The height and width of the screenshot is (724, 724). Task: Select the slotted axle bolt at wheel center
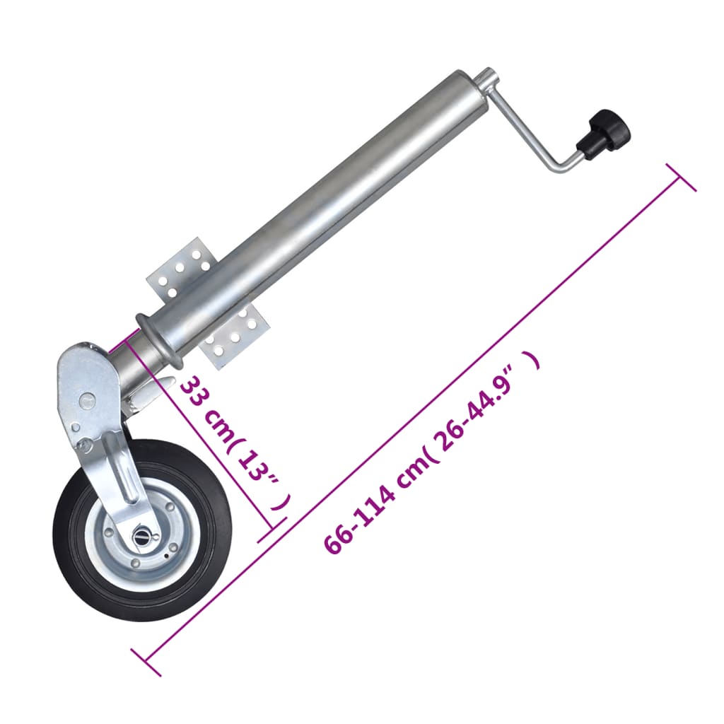point(143,537)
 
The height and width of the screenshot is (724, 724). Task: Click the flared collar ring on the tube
point(156,340)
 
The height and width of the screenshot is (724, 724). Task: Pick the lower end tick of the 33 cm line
point(272,530)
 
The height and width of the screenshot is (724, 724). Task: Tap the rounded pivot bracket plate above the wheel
point(88,382)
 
